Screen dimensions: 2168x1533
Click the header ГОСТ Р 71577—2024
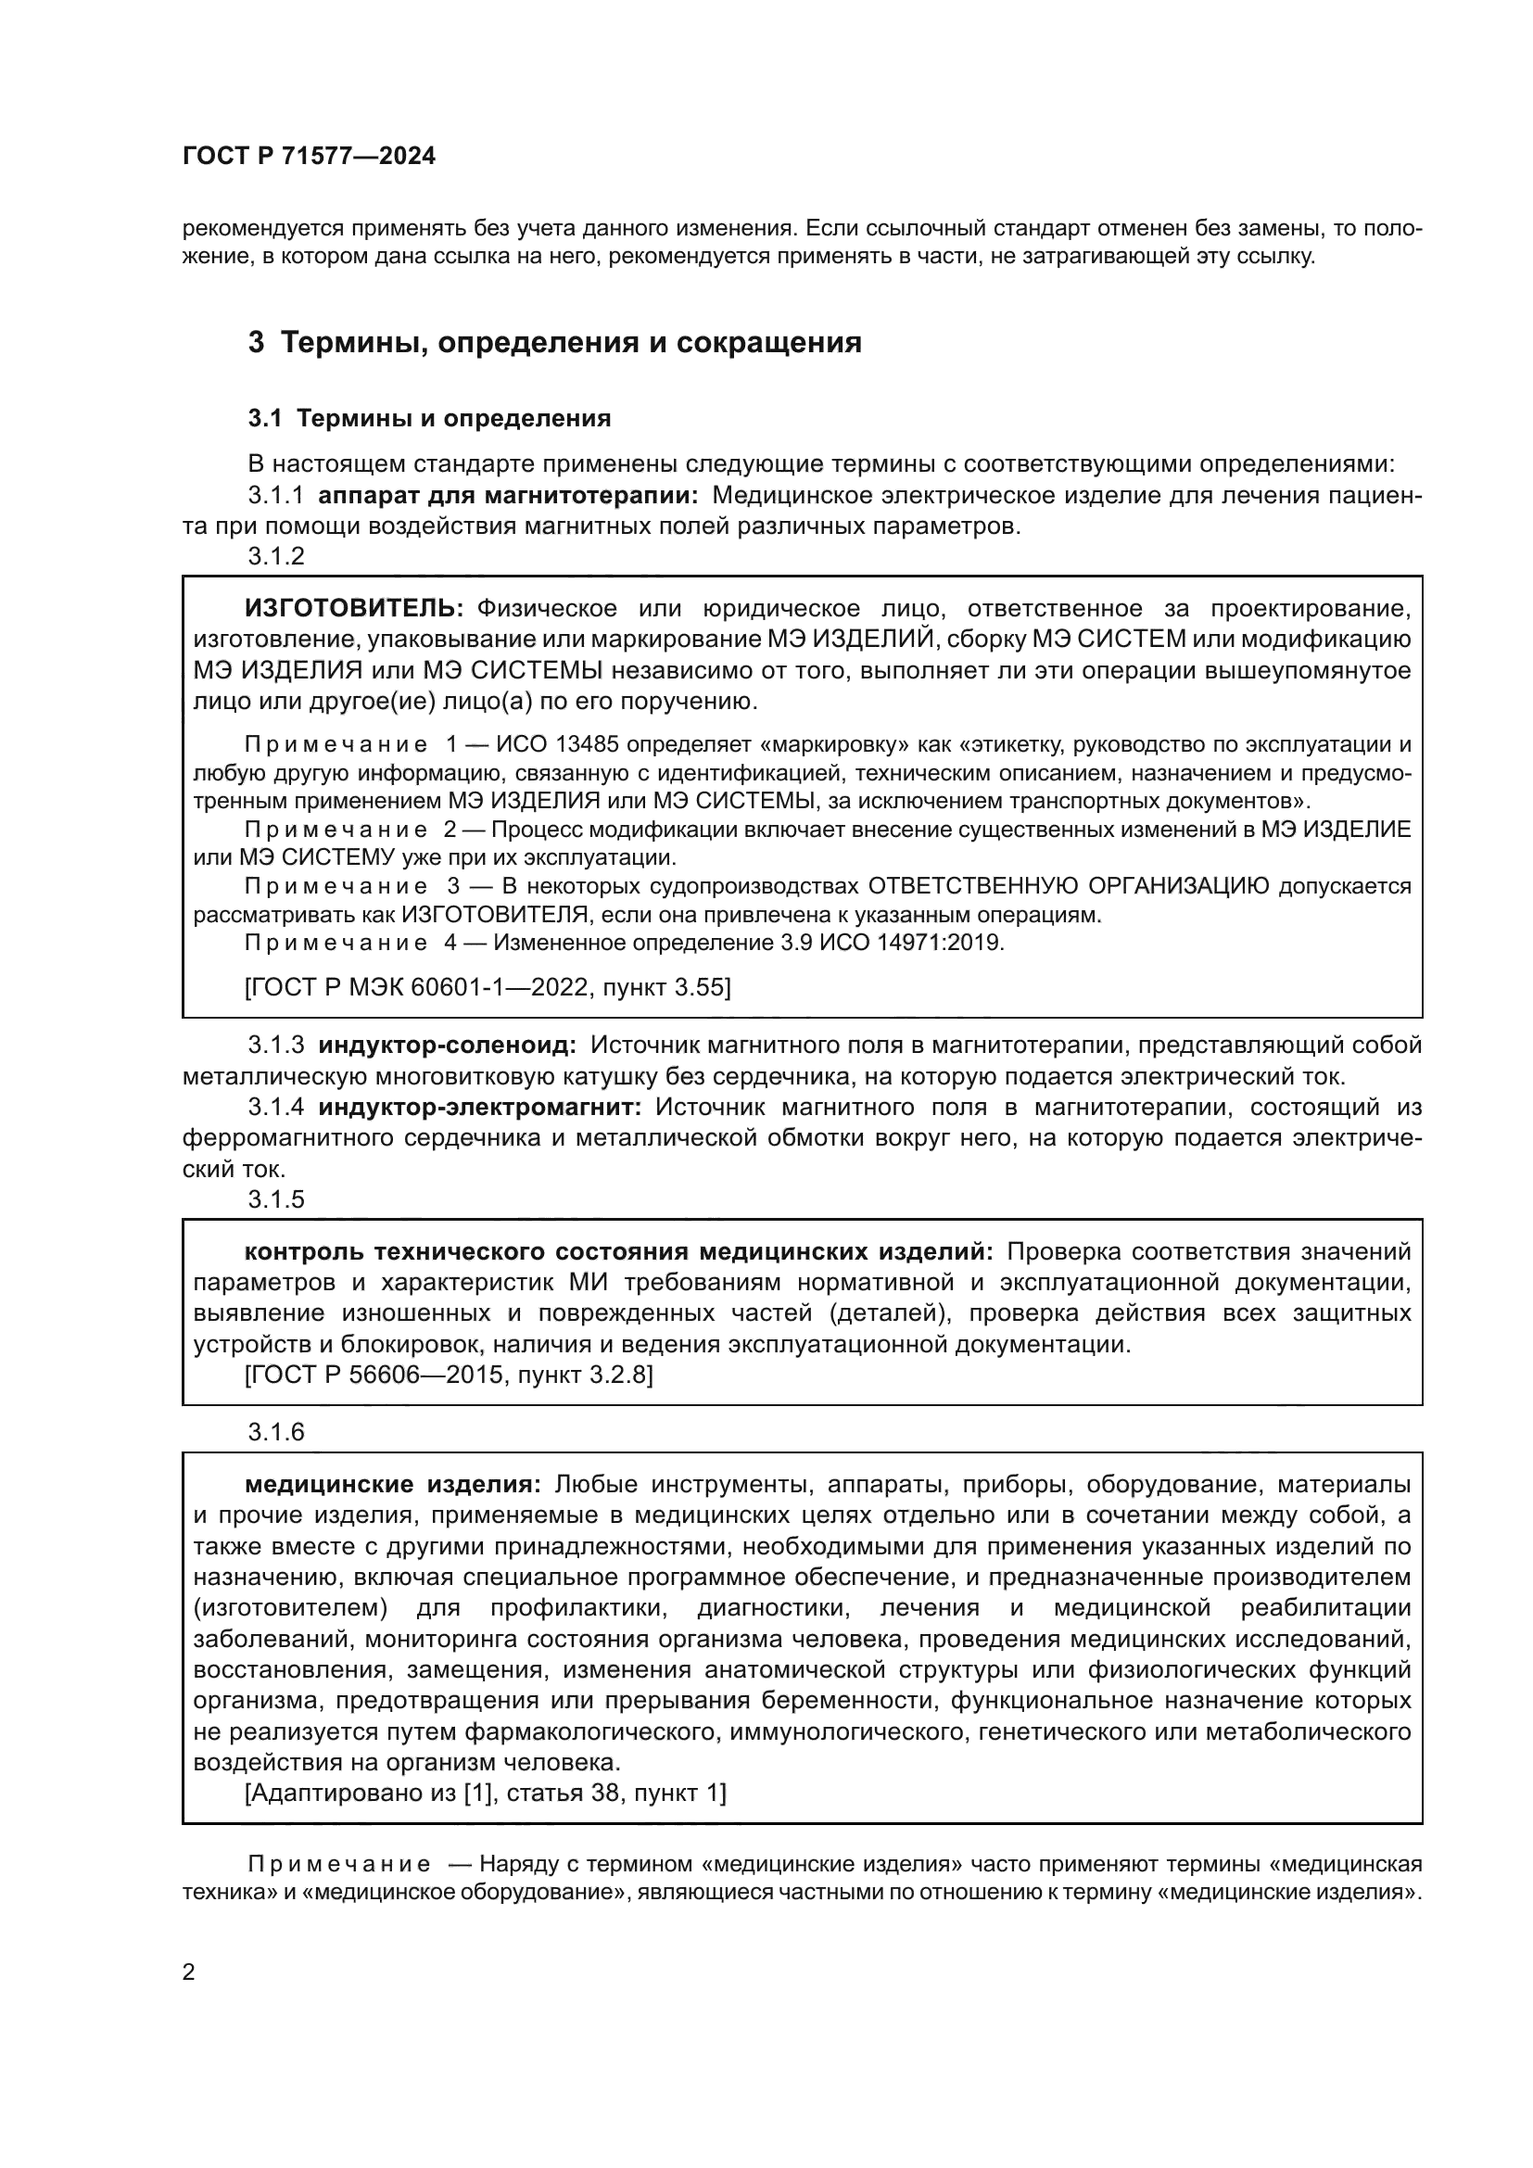pyautogui.click(x=309, y=157)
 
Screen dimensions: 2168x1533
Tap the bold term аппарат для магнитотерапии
pyautogui.click(x=509, y=496)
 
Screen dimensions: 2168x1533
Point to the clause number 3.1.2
pyautogui.click(x=276, y=556)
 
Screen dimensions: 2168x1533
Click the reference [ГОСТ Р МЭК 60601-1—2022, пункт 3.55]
pyautogui.click(x=488, y=988)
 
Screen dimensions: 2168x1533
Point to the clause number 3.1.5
pyautogui.click(x=276, y=1199)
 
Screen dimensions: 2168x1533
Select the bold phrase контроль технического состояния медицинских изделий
pyautogui.click(x=618, y=1252)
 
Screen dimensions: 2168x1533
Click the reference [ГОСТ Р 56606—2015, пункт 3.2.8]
pyautogui.click(x=449, y=1375)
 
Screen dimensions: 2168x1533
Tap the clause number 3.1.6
pyautogui.click(x=276, y=1432)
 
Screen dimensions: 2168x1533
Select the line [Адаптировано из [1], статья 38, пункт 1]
pyautogui.click(x=485, y=1794)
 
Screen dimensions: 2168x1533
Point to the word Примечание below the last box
pyautogui.click(x=340, y=1865)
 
